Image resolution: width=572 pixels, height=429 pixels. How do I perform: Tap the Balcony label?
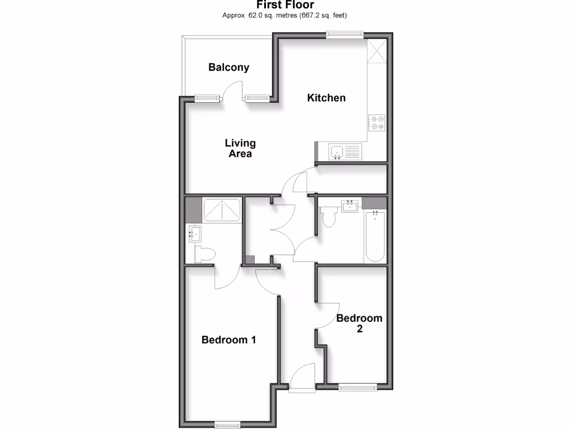pos(228,68)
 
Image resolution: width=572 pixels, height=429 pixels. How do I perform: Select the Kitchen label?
pos(327,98)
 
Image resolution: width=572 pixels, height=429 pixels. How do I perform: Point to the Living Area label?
pos(240,148)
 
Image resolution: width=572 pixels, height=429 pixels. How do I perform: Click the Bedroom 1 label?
pos(229,340)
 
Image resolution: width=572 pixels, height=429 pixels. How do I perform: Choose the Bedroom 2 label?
pos(359,323)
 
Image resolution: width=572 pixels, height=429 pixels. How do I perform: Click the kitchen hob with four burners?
pos(376,122)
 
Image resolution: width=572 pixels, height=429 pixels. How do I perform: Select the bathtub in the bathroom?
pos(374,236)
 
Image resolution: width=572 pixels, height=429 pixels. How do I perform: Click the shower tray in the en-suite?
pos(222,209)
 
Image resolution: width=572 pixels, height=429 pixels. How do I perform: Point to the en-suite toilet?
pos(204,255)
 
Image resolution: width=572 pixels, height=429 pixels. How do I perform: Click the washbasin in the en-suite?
pos(194,233)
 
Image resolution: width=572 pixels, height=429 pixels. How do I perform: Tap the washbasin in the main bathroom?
pos(350,207)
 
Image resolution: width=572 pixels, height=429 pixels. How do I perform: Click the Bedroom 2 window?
pos(358,386)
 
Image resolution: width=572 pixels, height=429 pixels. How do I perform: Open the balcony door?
pos(232,92)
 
